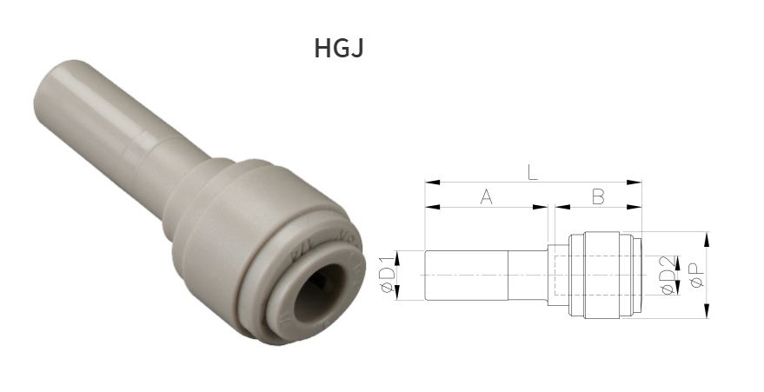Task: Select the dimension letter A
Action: pyautogui.click(x=486, y=197)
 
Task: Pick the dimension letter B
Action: pyautogui.click(x=598, y=197)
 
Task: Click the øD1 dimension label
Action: pyautogui.click(x=388, y=276)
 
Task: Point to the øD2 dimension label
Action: pyautogui.click(x=668, y=276)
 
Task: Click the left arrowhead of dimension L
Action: pyautogui.click(x=429, y=183)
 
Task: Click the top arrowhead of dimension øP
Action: pyautogui.click(x=708, y=237)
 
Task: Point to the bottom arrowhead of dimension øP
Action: pyautogui.click(x=708, y=312)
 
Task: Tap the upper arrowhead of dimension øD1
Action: pyautogui.click(x=398, y=255)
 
